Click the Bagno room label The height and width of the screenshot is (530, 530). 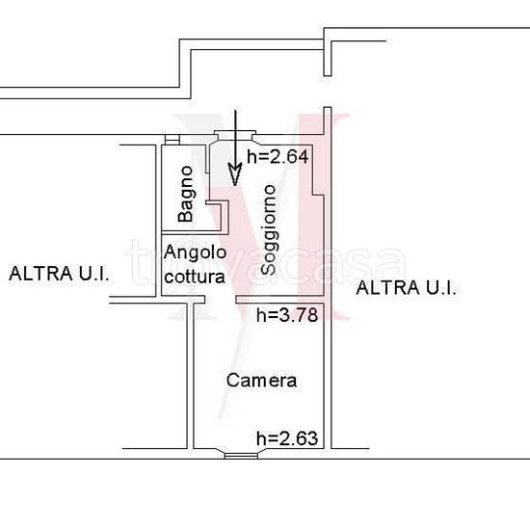(186, 194)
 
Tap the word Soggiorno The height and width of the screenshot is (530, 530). (270, 230)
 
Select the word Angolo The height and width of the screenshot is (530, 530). (195, 253)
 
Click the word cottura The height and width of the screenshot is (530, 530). (195, 277)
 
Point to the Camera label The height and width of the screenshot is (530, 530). (261, 381)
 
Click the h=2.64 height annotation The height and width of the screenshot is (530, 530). (278, 157)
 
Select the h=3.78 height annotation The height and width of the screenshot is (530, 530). (287, 315)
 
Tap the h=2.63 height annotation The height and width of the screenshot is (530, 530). (287, 438)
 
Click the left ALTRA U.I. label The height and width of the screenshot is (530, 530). (59, 274)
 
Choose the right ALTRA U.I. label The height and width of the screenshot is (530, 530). (406, 288)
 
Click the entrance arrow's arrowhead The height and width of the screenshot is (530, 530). (235, 174)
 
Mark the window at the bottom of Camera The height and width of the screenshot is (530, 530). (241, 456)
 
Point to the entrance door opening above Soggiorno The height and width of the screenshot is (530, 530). (236, 136)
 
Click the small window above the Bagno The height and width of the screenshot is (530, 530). (172, 140)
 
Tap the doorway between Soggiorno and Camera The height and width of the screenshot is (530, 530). (221, 300)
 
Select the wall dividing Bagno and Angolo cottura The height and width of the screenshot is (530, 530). (193, 232)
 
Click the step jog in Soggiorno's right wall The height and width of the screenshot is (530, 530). (318, 195)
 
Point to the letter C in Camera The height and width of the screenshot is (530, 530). (232, 381)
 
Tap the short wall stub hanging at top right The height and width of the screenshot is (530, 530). (328, 58)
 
